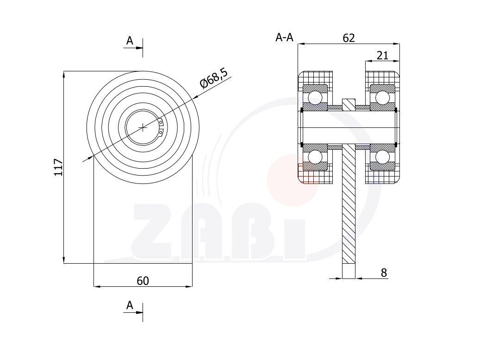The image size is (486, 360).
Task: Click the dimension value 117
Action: tap(58, 167)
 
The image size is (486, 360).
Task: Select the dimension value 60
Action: tap(143, 280)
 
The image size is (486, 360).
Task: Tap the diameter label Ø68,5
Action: tap(214, 78)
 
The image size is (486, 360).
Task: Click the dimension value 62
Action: tap(349, 38)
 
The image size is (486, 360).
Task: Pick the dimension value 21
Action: tap(382, 56)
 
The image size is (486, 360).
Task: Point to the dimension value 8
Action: tap(384, 273)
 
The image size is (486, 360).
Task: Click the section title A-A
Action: tap(284, 38)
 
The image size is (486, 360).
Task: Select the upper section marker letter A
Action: tap(130, 41)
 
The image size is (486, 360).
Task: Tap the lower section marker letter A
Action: tap(130, 305)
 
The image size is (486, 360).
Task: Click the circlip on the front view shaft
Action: tap(160, 127)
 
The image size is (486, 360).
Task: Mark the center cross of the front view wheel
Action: tap(143, 126)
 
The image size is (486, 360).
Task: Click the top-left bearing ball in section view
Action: tap(316, 98)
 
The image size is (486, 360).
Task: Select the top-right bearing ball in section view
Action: tap(382, 98)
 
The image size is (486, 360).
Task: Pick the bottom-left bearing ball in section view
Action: tap(316, 157)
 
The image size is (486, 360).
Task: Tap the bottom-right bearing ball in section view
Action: tap(382, 157)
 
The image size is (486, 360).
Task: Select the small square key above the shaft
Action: tap(349, 104)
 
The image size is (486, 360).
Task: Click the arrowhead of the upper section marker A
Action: tap(140, 47)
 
